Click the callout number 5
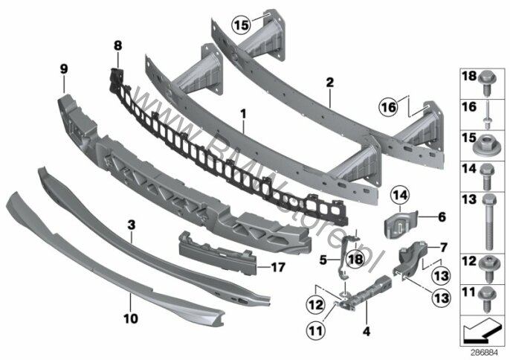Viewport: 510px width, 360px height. pos(323,260)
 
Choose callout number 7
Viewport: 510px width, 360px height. pos(442,246)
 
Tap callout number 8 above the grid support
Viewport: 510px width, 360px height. pos(117,45)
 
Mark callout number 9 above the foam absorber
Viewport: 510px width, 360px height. pos(63,69)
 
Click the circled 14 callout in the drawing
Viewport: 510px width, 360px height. pos(400,196)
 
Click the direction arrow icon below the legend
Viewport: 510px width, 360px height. pos(482,327)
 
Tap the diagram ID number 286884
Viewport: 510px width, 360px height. pos(485,352)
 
